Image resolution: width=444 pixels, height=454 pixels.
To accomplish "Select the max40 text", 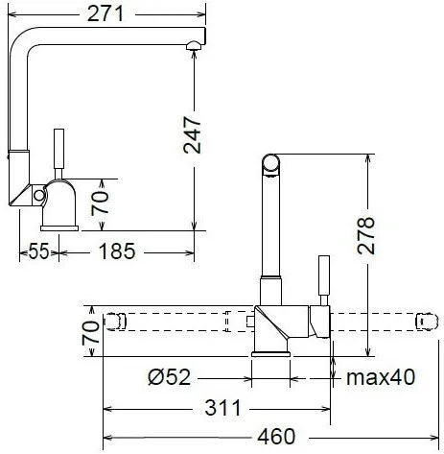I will (x=381, y=378).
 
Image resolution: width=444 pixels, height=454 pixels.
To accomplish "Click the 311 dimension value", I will (x=222, y=409).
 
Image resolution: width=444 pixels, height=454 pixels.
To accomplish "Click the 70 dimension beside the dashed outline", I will (x=90, y=333).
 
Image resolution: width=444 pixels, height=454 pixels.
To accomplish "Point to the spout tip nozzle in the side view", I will (x=194, y=44).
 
